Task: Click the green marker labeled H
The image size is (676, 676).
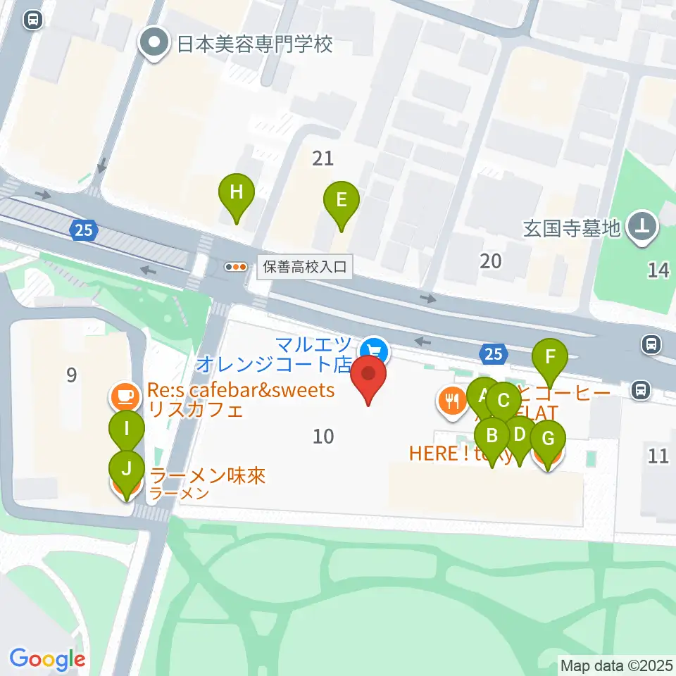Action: coord(236,192)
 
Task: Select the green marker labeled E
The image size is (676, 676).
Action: coord(341,200)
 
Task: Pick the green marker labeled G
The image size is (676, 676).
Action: coord(547,439)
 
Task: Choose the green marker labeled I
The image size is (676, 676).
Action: coord(127,428)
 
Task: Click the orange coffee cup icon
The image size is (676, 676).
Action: coord(125,396)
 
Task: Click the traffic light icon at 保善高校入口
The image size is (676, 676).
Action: coord(235,267)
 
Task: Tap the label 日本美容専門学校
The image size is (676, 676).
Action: coord(254,45)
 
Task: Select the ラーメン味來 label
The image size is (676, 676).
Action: coord(208,477)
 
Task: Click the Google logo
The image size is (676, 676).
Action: coord(47,659)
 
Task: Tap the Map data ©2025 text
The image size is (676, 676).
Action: coord(615,665)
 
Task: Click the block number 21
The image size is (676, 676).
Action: coord(323,158)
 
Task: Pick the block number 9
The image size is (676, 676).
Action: coord(71,375)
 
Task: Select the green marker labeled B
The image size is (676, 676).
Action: coord(492,437)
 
